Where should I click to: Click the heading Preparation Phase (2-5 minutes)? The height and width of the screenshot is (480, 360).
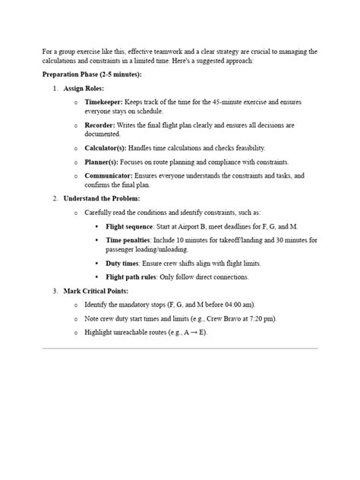click(x=92, y=75)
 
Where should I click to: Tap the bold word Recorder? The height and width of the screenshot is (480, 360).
click(x=103, y=124)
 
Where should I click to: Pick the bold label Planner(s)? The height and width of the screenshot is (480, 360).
click(x=104, y=162)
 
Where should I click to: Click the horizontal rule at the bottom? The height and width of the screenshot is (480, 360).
click(x=179, y=349)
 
